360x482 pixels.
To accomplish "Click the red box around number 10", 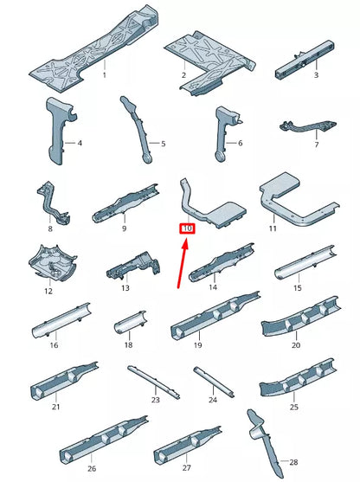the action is pyautogui.click(x=187, y=228).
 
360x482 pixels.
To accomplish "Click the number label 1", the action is pyautogui.click(x=105, y=75).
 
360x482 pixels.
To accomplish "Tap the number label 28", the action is pyautogui.click(x=293, y=462).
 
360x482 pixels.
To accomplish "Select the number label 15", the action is pyautogui.click(x=298, y=288).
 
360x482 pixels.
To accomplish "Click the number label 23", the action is pyautogui.click(x=156, y=400).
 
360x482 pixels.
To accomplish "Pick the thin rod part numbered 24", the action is pyautogui.click(x=214, y=382).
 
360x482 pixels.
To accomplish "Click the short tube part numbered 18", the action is pyautogui.click(x=131, y=322).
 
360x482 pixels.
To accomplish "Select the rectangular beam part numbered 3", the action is pyautogui.click(x=305, y=60).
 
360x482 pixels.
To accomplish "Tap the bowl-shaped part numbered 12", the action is pyautogui.click(x=52, y=263).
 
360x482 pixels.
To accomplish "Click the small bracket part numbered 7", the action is pyautogui.click(x=308, y=126).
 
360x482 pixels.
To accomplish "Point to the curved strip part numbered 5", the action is pyautogui.click(x=138, y=128).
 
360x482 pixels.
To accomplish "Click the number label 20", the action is pyautogui.click(x=296, y=345).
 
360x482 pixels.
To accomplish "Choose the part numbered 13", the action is pyautogui.click(x=134, y=266).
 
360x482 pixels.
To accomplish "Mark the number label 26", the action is pyautogui.click(x=92, y=468).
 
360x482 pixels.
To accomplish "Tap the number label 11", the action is pyautogui.click(x=273, y=228).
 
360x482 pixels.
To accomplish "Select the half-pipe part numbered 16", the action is pyautogui.click(x=61, y=321).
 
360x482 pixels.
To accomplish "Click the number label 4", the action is pyautogui.click(x=80, y=143).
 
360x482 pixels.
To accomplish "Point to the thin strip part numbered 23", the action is pyautogui.click(x=153, y=382).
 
